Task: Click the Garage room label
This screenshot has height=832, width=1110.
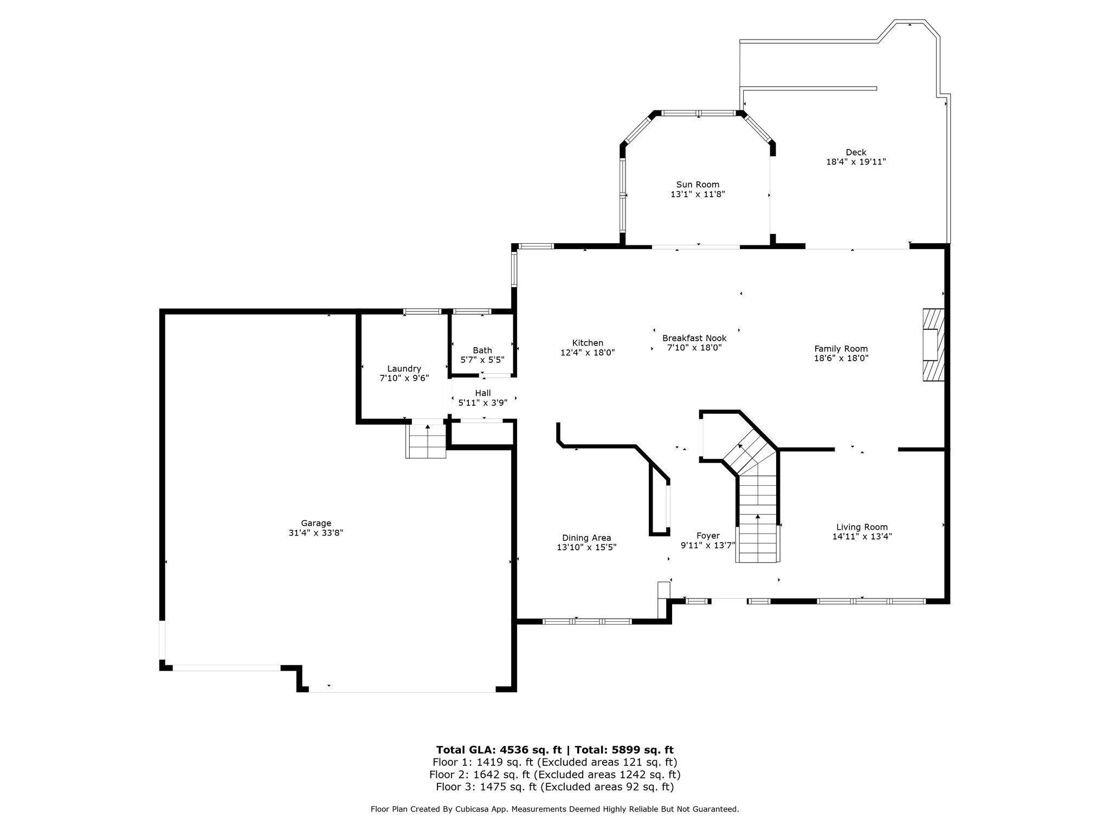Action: tap(316, 523)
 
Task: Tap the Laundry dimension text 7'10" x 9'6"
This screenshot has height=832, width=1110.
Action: tap(404, 379)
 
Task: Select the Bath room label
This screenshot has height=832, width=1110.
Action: tap(482, 350)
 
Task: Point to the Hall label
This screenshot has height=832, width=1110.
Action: tap(482, 393)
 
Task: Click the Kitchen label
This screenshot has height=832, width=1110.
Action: tap(588, 343)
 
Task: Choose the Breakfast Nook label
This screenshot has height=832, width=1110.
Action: tap(694, 339)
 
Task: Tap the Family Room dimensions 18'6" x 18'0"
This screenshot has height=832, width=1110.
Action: tap(841, 358)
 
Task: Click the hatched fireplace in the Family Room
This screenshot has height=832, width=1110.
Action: tap(933, 345)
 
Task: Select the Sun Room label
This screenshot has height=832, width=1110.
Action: tap(698, 185)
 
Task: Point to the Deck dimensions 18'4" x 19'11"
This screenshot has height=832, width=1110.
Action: tap(856, 162)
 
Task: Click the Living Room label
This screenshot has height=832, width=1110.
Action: tap(862, 527)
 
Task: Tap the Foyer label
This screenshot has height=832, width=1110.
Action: tap(708, 536)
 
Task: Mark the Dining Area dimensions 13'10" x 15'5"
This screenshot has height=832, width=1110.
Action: tap(586, 548)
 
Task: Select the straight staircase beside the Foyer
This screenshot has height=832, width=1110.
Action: tap(758, 520)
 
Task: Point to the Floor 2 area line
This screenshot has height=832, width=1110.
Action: tap(554, 775)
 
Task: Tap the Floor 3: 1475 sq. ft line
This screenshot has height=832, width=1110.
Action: tap(554, 787)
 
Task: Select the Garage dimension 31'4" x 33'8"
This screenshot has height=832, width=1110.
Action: tap(316, 533)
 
